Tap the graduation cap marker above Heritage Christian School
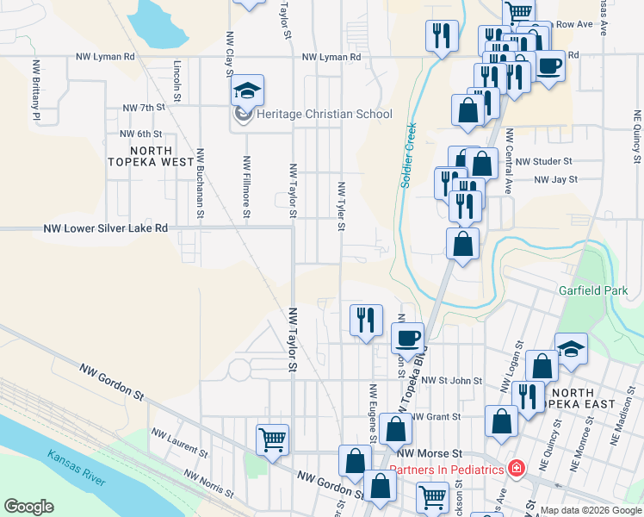point(247,90)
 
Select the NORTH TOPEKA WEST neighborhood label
point(152,154)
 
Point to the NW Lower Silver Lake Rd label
point(105,229)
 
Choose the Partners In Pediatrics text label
point(446,470)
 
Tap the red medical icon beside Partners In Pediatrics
point(516,470)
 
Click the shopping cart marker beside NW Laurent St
point(273,439)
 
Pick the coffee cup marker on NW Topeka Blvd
point(407,337)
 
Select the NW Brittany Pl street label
point(36,90)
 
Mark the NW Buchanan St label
point(200,183)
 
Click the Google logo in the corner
point(28,507)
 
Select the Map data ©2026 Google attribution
point(590,510)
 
